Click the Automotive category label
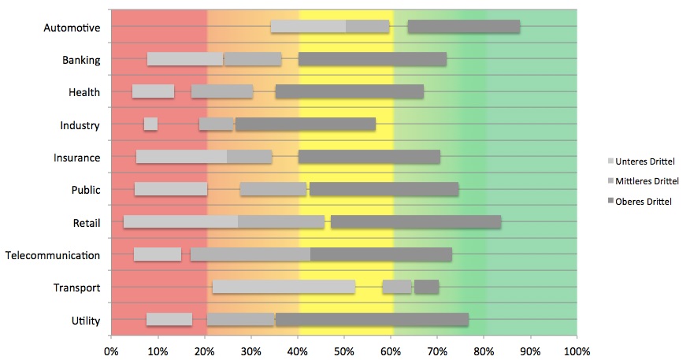coord(72,28)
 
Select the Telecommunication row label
coord(53,255)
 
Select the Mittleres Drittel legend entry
coord(645,181)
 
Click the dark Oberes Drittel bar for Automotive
coord(464,27)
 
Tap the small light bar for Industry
coord(150,124)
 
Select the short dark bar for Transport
coord(426,287)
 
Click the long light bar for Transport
coord(284,287)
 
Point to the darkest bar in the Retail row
coord(416,222)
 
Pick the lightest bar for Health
coord(153,91)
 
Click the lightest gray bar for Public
coord(171,189)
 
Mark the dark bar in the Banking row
coord(373,59)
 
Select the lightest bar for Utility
coord(169,319)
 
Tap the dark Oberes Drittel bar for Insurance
coord(369,157)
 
